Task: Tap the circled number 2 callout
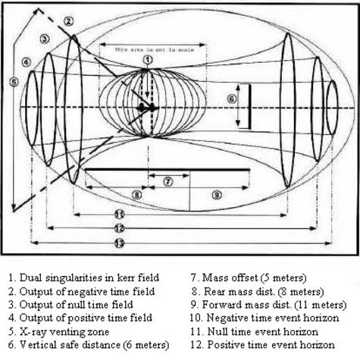tap(69, 20)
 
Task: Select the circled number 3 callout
tap(45, 38)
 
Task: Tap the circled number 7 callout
tap(167, 181)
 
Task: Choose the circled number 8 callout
tap(136, 195)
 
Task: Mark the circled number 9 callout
tap(216, 195)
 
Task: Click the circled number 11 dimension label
tap(119, 215)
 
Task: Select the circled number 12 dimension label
tap(119, 228)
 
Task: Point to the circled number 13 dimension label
tap(119, 242)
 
